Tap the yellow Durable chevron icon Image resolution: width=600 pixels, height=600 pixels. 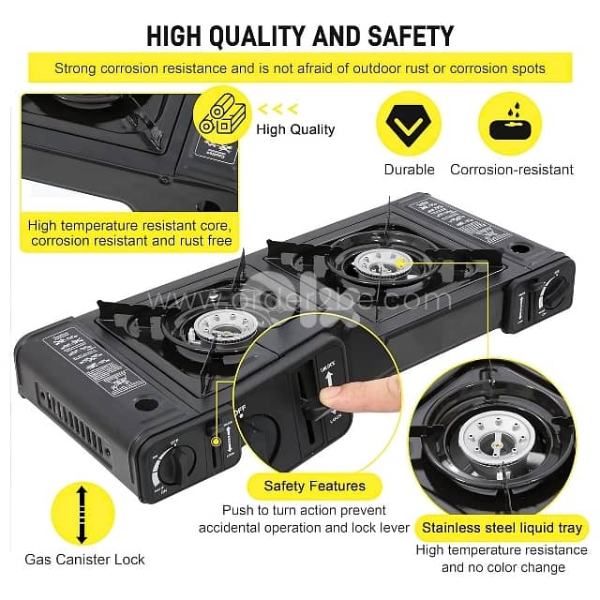(x=410, y=123)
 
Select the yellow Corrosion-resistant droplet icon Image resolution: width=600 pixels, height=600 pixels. (x=510, y=123)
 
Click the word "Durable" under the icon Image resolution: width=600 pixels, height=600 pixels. (x=410, y=170)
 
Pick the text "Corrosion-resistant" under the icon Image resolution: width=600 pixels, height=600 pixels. (x=511, y=170)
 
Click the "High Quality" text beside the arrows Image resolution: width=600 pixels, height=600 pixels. (x=295, y=129)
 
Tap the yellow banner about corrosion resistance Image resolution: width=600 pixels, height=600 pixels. (x=300, y=68)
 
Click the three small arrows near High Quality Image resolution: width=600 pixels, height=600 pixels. (x=282, y=108)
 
